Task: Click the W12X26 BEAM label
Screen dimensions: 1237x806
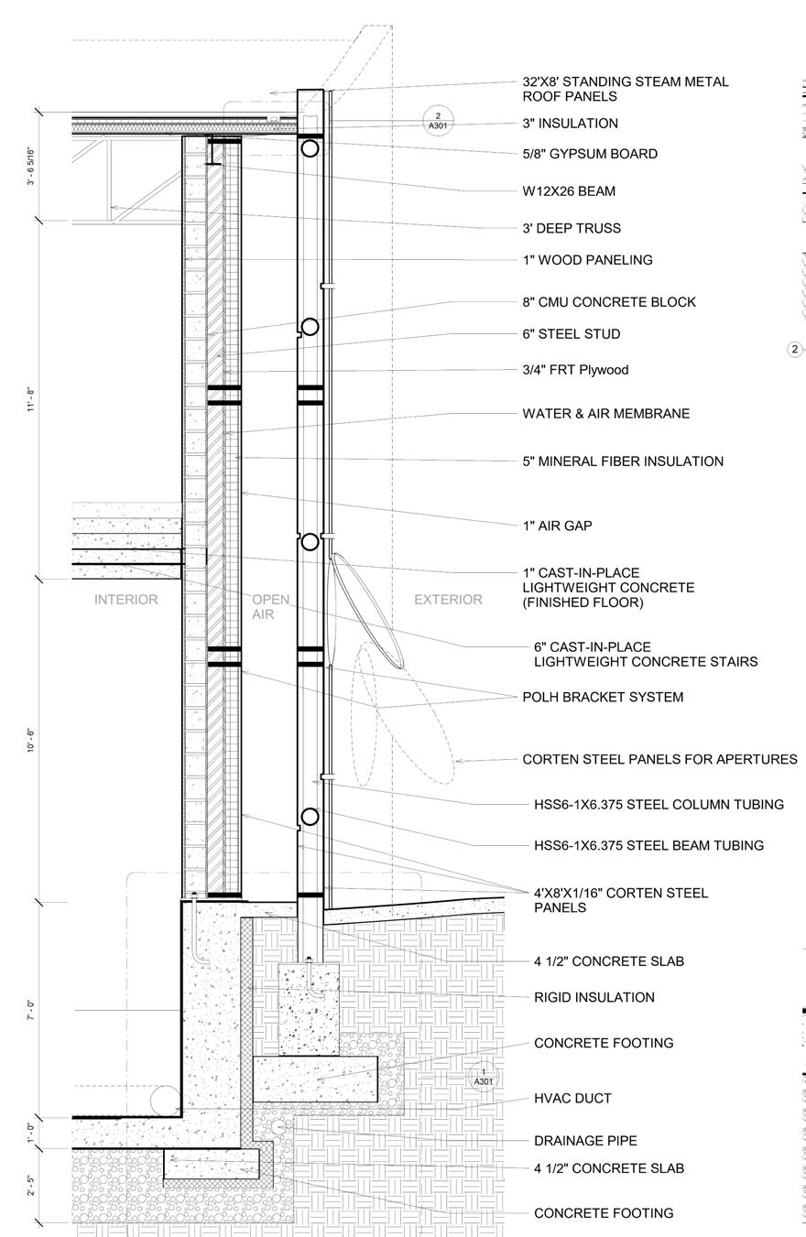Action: [569, 191]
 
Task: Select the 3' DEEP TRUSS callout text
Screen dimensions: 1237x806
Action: [572, 228]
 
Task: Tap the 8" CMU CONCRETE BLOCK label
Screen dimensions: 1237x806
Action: [609, 302]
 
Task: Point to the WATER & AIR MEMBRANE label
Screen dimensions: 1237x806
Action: [606, 414]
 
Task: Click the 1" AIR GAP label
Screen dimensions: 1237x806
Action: [557, 526]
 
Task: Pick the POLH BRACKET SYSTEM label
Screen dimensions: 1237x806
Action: [603, 698]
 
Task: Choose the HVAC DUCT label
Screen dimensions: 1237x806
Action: [572, 1099]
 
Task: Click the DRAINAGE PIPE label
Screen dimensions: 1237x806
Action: [585, 1141]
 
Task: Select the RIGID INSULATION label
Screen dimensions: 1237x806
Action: [594, 997]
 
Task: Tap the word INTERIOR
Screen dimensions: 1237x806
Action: [126, 600]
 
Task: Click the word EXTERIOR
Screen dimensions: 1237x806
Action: [448, 600]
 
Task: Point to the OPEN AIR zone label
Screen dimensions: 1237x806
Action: [270, 607]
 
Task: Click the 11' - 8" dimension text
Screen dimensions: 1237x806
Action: [32, 399]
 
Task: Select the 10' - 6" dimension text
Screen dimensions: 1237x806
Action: [32, 741]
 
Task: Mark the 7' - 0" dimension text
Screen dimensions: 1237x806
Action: [32, 1010]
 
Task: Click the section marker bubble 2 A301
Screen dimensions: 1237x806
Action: [438, 121]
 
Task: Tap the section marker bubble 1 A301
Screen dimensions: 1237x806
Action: [484, 1077]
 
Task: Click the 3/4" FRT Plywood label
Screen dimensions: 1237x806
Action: [576, 370]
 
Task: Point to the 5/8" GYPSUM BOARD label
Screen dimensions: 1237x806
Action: [590, 154]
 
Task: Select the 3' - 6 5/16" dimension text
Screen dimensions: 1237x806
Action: [32, 166]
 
